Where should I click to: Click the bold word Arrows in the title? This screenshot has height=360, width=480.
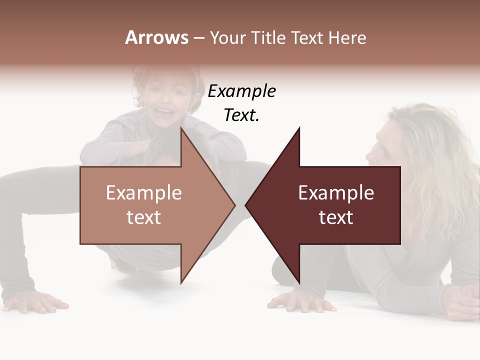click(157, 37)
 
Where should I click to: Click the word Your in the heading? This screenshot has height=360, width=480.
click(228, 38)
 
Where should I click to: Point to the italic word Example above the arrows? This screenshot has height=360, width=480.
click(241, 91)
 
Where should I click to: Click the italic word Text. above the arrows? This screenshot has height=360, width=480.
click(241, 115)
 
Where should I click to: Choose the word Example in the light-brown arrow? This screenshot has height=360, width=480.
click(144, 192)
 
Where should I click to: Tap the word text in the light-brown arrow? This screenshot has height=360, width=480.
click(144, 217)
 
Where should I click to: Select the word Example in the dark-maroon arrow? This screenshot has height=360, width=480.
click(336, 192)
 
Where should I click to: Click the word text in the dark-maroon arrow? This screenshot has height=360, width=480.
click(336, 217)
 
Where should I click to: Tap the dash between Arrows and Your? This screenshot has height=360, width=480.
click(198, 38)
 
